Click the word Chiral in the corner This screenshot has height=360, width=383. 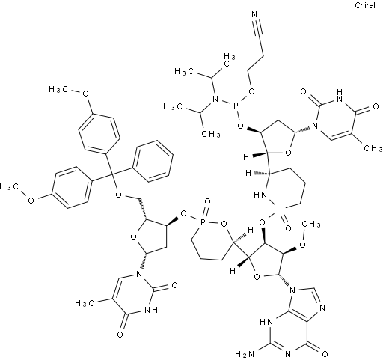coord(365,5)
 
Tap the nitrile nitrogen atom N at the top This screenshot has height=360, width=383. coord(254,14)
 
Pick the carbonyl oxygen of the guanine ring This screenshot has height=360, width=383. coord(325,353)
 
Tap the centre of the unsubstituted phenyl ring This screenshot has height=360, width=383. coord(153,161)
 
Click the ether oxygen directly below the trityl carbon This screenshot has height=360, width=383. coord(119,195)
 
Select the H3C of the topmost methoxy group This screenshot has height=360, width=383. coord(58,89)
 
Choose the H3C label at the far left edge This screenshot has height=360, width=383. coord(9,186)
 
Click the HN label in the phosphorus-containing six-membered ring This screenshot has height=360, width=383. coord(260,195)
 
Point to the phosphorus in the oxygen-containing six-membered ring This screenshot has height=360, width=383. coord(203,221)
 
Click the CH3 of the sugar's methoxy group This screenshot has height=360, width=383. coord(311,224)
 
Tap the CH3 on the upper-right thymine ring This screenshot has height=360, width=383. coord(373,148)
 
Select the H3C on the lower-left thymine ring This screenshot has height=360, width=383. coord(85,303)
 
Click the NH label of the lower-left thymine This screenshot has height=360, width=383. coord(151,310)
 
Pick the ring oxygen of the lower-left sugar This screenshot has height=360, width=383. coord(134,236)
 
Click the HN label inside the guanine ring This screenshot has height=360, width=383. coord(266,322)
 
